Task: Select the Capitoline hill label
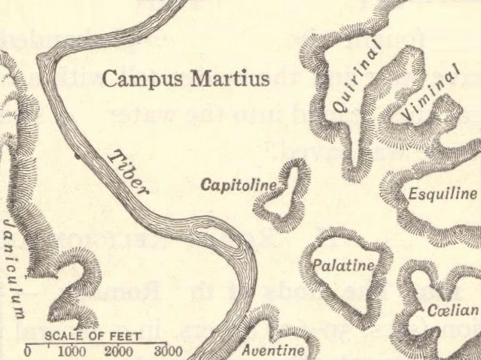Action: click(x=239, y=185)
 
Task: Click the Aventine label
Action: click(x=273, y=351)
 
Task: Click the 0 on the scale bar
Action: click(x=28, y=352)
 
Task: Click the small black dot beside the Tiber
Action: click(x=76, y=157)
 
